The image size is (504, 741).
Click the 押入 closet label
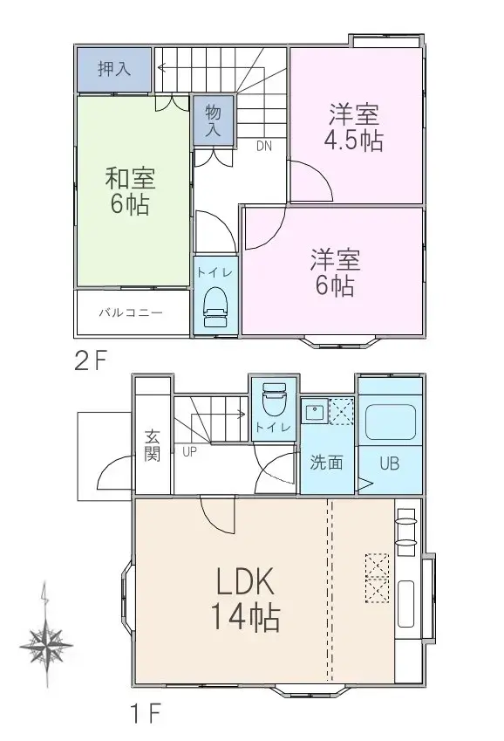click(114, 69)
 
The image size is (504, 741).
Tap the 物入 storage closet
click(214, 120)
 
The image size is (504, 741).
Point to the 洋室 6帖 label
click(334, 272)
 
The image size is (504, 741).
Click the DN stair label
click(264, 147)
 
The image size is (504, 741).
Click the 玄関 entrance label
click(153, 447)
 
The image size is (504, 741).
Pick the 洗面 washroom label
click(327, 463)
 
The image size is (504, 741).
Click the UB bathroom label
click(389, 463)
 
